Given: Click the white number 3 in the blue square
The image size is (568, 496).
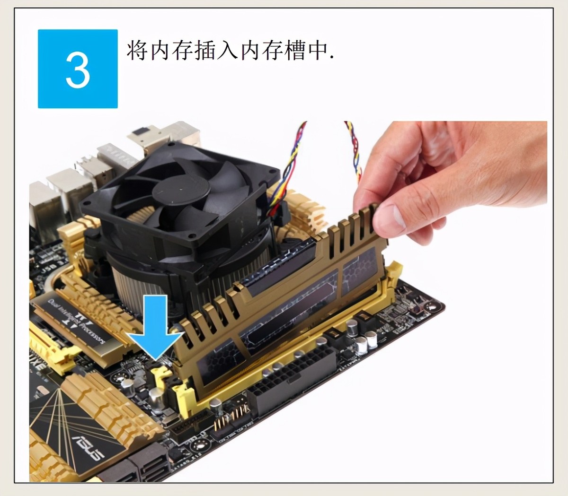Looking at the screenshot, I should coord(78,70).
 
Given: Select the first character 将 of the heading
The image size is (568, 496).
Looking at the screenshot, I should coord(138,50).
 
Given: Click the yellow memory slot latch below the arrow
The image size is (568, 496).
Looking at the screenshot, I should coord(163,378).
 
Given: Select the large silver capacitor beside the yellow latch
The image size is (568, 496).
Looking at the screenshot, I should coord(157,397).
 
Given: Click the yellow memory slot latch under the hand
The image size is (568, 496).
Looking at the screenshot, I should coord(393,274).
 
